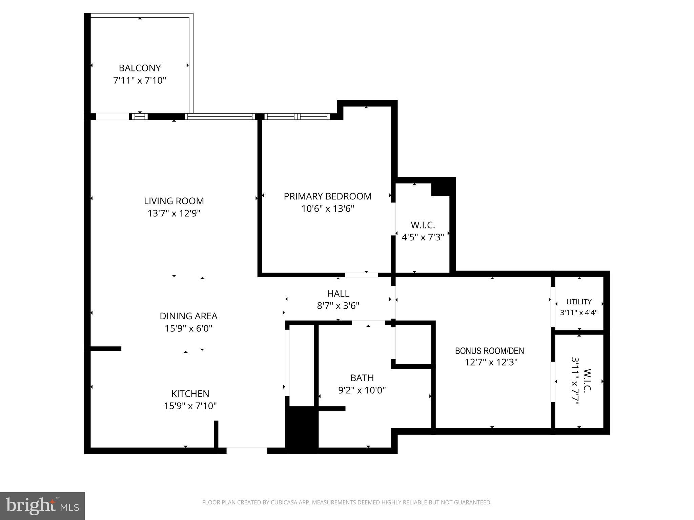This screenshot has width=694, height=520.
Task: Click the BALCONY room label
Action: point(140,68)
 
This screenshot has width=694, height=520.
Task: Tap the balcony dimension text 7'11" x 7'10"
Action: point(140,81)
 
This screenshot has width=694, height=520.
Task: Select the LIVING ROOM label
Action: point(174,201)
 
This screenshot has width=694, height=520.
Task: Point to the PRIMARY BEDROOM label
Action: point(327,196)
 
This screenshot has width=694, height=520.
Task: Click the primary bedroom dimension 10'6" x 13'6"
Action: point(327,209)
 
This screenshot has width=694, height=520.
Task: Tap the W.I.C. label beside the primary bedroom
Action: point(423,225)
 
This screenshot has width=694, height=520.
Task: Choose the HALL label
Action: point(338,294)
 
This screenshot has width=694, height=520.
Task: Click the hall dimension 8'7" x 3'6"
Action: point(338,306)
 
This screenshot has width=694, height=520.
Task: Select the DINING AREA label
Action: point(188,316)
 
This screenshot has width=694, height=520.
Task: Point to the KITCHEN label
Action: point(190,394)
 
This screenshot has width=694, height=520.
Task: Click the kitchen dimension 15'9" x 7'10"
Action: point(190,406)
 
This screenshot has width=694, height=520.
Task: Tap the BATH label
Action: point(362,378)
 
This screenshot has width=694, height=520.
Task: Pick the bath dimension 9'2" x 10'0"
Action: point(362,390)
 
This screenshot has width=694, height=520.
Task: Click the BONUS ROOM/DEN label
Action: point(489,351)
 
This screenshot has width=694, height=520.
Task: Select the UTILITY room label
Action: point(579,302)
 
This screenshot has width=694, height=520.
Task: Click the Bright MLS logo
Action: point(42,506)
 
